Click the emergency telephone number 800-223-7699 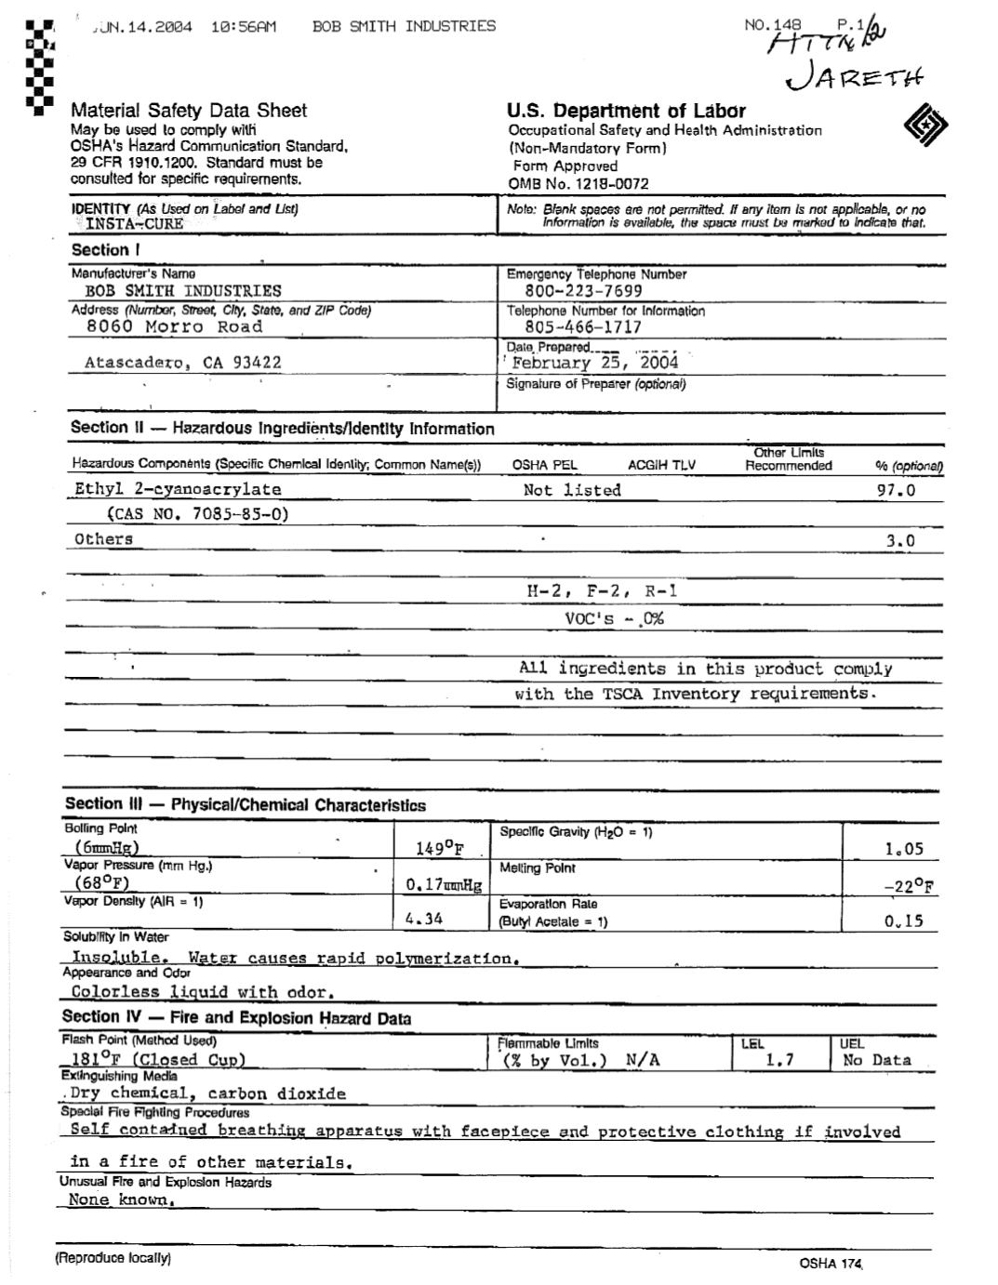coord(583,290)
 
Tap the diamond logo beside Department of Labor coord(925,125)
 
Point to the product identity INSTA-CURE coord(134,224)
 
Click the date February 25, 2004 coord(595,363)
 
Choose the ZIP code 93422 coord(257,363)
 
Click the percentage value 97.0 coord(896,490)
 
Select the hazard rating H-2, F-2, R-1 coord(602,591)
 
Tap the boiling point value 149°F coord(439,848)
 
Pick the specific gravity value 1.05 coord(903,848)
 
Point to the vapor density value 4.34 coord(424,919)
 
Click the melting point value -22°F coord(909,885)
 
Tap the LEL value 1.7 coord(779,1060)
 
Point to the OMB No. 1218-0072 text coord(579,183)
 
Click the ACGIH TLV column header coord(661,466)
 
